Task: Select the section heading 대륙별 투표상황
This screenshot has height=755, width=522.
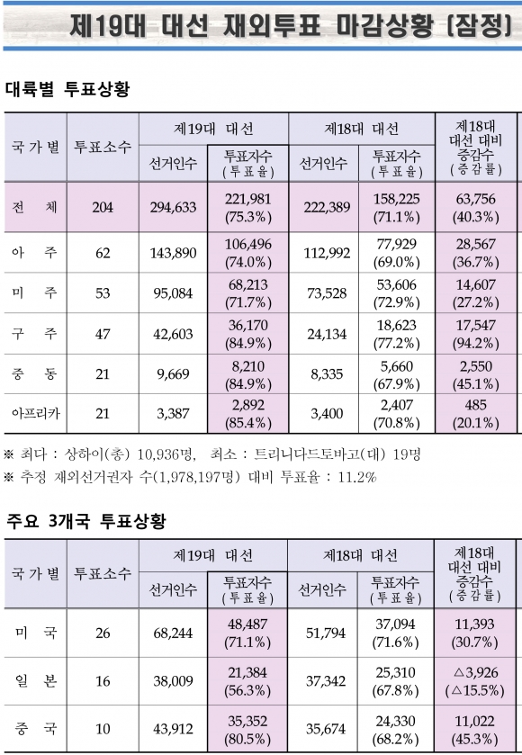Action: pyautogui.click(x=67, y=88)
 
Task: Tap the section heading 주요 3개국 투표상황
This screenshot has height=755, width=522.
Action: pyautogui.click(x=86, y=521)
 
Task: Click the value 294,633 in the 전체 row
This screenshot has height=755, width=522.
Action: pyautogui.click(x=173, y=208)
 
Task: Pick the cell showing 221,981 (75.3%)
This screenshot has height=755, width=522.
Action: pyautogui.click(x=248, y=208)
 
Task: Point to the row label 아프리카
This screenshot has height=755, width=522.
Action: pyautogui.click(x=36, y=413)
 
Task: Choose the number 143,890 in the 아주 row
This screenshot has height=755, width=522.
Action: pyautogui.click(x=173, y=253)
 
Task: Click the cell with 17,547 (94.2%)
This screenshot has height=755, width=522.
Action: pyautogui.click(x=476, y=334)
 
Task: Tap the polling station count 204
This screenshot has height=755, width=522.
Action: pyautogui.click(x=103, y=208)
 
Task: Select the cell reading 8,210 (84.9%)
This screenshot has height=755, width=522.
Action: pyautogui.click(x=248, y=375)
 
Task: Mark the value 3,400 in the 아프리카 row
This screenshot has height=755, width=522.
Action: pyautogui.click(x=327, y=413)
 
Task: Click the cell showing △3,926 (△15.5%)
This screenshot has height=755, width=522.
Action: pyautogui.click(x=475, y=681)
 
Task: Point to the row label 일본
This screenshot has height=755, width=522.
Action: pyautogui.click(x=36, y=681)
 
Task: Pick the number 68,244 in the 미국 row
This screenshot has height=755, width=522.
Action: pyautogui.click(x=173, y=633)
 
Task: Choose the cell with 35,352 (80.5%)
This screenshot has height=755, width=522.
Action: pyautogui.click(x=247, y=730)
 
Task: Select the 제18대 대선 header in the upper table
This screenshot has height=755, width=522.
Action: pyautogui.click(x=361, y=129)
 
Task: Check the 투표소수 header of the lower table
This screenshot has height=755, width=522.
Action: pyautogui.click(x=103, y=573)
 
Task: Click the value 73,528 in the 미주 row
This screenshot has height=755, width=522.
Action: pyautogui.click(x=327, y=293)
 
